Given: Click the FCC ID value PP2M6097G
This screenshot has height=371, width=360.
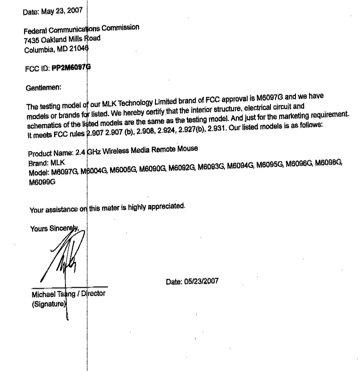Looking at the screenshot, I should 71,68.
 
